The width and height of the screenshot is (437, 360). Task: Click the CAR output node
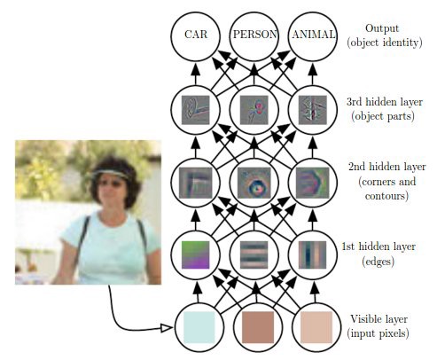pyautogui.click(x=195, y=36)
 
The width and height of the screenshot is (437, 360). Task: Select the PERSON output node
pyautogui.click(x=254, y=36)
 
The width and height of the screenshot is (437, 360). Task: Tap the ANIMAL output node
pyautogui.click(x=313, y=36)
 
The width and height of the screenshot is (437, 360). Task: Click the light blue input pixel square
pyautogui.click(x=199, y=327)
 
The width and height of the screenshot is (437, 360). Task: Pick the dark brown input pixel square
pyautogui.click(x=258, y=327)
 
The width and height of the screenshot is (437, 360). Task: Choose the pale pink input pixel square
pyautogui.click(x=316, y=327)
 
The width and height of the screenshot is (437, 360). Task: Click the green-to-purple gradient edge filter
pyautogui.click(x=195, y=254)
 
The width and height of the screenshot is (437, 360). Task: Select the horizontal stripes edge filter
pyautogui.click(x=254, y=254)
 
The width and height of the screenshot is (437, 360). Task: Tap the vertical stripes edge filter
pyautogui.click(x=312, y=254)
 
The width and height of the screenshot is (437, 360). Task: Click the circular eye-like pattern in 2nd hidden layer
pyautogui.click(x=254, y=183)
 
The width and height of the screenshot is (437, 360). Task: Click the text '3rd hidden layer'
pyautogui.click(x=385, y=102)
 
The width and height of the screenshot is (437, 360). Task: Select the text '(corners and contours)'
pyautogui.click(x=387, y=188)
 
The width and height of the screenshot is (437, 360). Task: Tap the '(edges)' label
pyautogui.click(x=378, y=262)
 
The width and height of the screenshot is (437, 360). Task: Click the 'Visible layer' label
pyautogui.click(x=378, y=319)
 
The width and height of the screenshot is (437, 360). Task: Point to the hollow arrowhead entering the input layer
pyautogui.click(x=166, y=328)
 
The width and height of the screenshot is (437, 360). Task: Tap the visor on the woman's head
pyautogui.click(x=110, y=174)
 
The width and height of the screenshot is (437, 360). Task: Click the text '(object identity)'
pyautogui.click(x=385, y=43)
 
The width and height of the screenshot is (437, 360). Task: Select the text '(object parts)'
pyautogui.click(x=383, y=116)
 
